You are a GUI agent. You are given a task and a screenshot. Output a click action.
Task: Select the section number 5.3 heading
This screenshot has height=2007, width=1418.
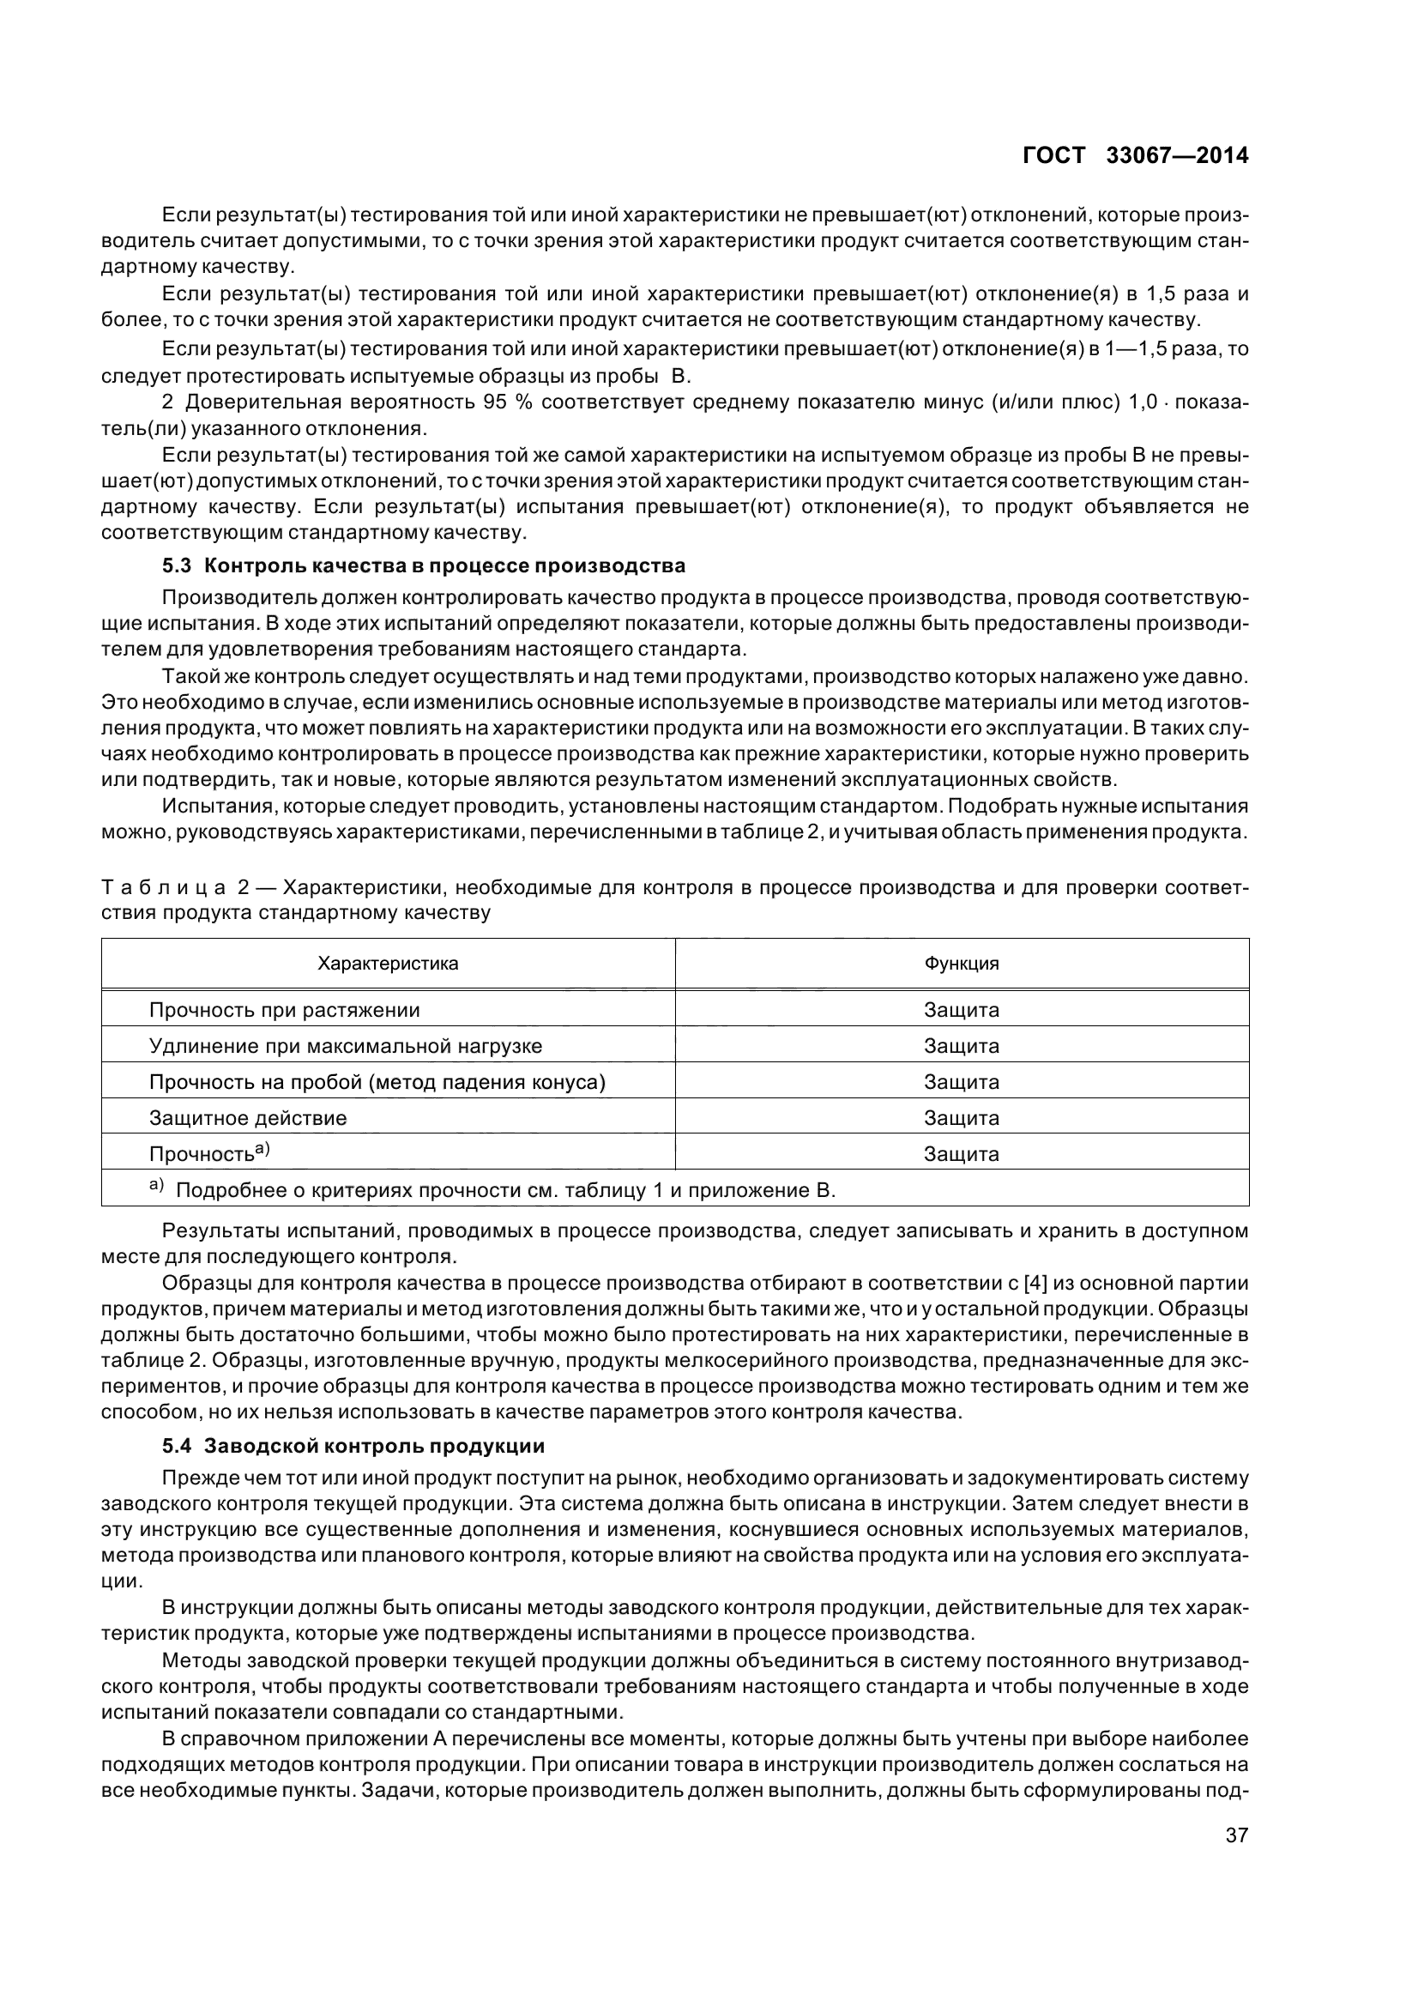(177, 565)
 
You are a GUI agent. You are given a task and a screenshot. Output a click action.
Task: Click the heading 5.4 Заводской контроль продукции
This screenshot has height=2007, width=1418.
(353, 1446)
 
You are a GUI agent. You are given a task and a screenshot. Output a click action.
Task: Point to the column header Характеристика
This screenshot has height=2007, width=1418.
(388, 964)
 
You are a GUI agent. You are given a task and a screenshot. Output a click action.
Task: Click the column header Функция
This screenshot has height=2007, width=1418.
(961, 964)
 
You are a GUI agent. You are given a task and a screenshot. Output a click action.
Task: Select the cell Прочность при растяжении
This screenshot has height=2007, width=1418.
(284, 1010)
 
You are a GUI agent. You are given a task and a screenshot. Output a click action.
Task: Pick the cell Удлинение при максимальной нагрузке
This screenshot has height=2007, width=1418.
(345, 1045)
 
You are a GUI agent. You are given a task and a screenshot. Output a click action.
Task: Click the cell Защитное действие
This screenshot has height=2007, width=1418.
(248, 1117)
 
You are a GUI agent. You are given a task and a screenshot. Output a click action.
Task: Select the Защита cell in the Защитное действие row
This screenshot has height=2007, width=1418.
(961, 1117)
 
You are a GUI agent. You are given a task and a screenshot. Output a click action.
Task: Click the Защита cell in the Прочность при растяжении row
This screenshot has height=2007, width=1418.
(961, 1010)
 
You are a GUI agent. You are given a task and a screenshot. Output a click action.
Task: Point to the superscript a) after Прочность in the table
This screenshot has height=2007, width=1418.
(262, 1149)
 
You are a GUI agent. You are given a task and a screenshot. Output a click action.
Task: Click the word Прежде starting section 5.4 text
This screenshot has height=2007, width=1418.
(194, 1478)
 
